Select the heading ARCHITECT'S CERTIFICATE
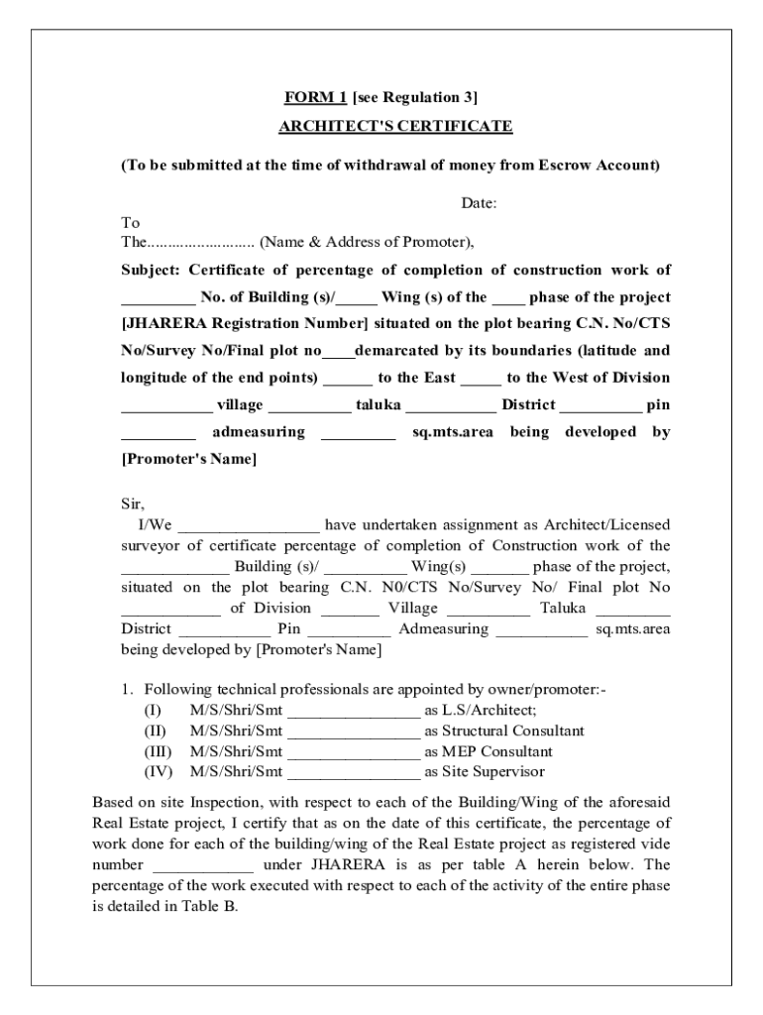pyautogui.click(x=395, y=127)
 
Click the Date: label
pyautogui.click(x=479, y=203)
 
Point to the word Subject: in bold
pyautogui.click(x=151, y=270)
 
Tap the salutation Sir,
pyautogui.click(x=133, y=504)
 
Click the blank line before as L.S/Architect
pyautogui.click(x=354, y=711)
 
